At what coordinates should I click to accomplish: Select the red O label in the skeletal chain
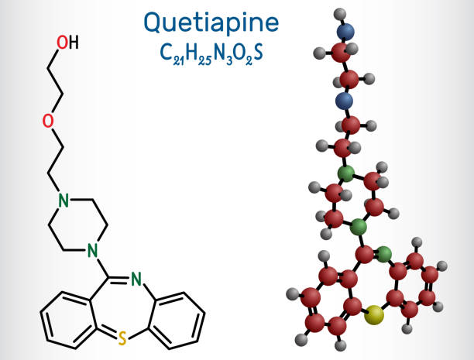coord(48,121)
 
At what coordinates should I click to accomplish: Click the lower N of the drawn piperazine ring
coord(92,251)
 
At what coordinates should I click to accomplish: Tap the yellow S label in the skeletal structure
coord(121,338)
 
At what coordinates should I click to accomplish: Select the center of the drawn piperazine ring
coord(77,225)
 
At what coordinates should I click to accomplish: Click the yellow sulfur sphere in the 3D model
coord(375,314)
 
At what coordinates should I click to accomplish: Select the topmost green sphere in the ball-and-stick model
coord(346,172)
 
